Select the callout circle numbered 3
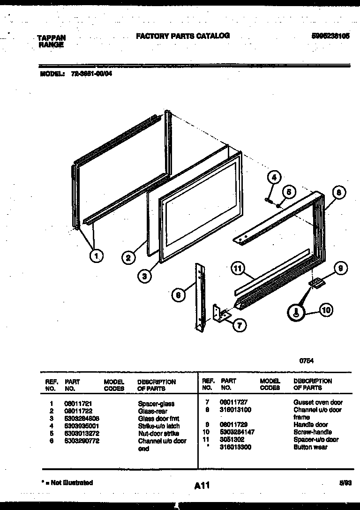(x=145, y=277)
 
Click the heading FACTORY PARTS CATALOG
(x=182, y=36)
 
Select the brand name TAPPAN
(x=51, y=38)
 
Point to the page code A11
(x=202, y=486)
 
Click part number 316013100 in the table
(x=235, y=410)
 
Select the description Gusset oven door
(x=318, y=402)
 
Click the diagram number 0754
(x=307, y=361)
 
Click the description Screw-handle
(x=313, y=432)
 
